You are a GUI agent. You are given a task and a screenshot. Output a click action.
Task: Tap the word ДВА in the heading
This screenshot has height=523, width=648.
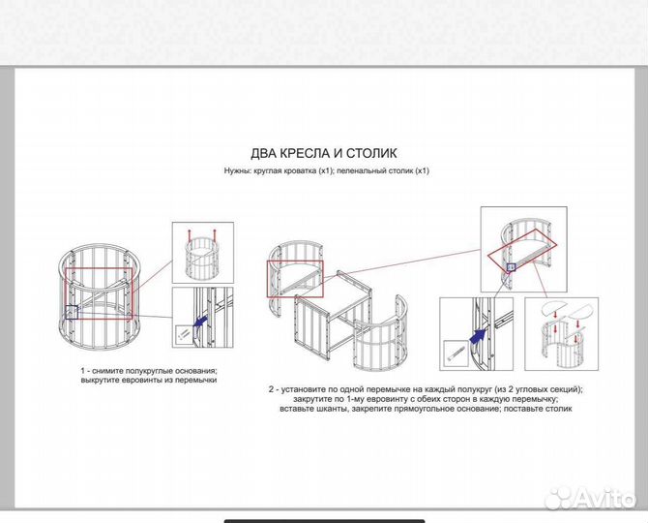tap(264, 153)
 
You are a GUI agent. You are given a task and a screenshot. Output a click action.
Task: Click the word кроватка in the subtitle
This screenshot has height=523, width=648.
tap(300, 170)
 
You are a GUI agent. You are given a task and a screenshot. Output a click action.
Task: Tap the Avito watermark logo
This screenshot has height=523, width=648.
tap(590, 498)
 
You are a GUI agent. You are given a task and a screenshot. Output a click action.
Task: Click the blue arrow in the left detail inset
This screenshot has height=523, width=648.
tap(200, 321)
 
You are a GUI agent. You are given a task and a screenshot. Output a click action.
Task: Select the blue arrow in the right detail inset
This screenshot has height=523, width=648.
tap(478, 335)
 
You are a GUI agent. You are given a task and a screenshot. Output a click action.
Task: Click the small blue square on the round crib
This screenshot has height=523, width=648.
tap(71, 312)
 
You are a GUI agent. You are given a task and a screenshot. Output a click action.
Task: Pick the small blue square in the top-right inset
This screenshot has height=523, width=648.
tap(512, 267)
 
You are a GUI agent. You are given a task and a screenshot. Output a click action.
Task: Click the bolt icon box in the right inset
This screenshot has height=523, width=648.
tap(456, 353)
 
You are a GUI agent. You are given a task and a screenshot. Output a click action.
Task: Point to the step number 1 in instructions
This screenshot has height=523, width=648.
tap(83, 371)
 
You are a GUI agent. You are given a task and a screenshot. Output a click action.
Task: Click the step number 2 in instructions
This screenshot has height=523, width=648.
tap(271, 389)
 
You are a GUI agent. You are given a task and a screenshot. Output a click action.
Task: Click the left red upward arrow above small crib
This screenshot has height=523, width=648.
tap(190, 236)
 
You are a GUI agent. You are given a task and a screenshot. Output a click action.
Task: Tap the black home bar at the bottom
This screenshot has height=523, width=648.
tap(324, 521)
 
